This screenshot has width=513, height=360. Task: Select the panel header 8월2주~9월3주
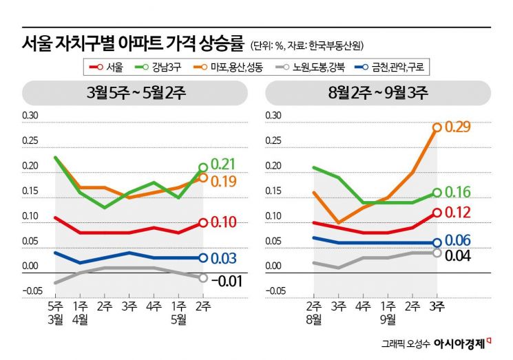381,92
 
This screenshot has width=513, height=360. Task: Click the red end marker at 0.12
437,213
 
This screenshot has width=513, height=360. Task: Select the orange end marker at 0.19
203,178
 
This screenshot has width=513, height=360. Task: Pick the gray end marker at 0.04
437,253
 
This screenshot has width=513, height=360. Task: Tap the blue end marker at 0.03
203,258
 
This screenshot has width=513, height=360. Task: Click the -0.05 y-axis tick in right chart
275,290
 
